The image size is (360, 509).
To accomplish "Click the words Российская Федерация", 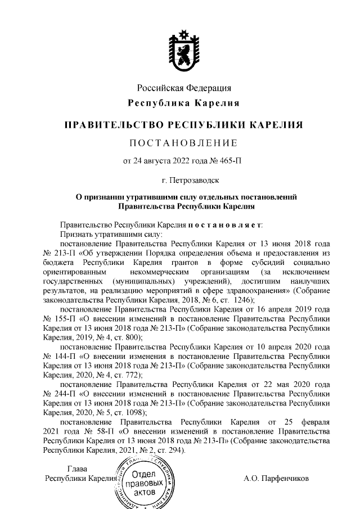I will click(184, 88).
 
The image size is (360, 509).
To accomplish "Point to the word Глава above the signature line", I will click(77, 469).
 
